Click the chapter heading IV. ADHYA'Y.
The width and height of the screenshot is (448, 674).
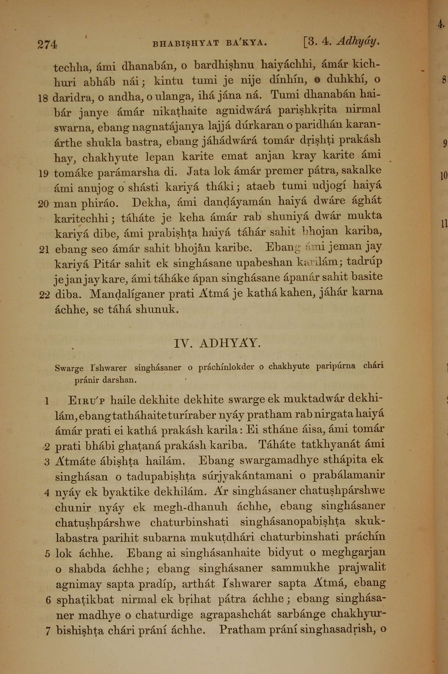217,343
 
